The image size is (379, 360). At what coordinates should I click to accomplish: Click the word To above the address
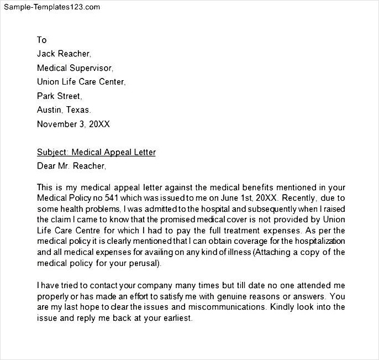click(42, 40)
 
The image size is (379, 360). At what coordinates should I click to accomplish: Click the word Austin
click(49, 109)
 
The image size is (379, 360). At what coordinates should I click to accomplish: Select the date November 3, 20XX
click(73, 124)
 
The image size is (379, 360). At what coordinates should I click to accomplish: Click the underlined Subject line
click(96, 152)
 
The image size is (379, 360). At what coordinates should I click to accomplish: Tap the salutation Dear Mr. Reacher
click(71, 165)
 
